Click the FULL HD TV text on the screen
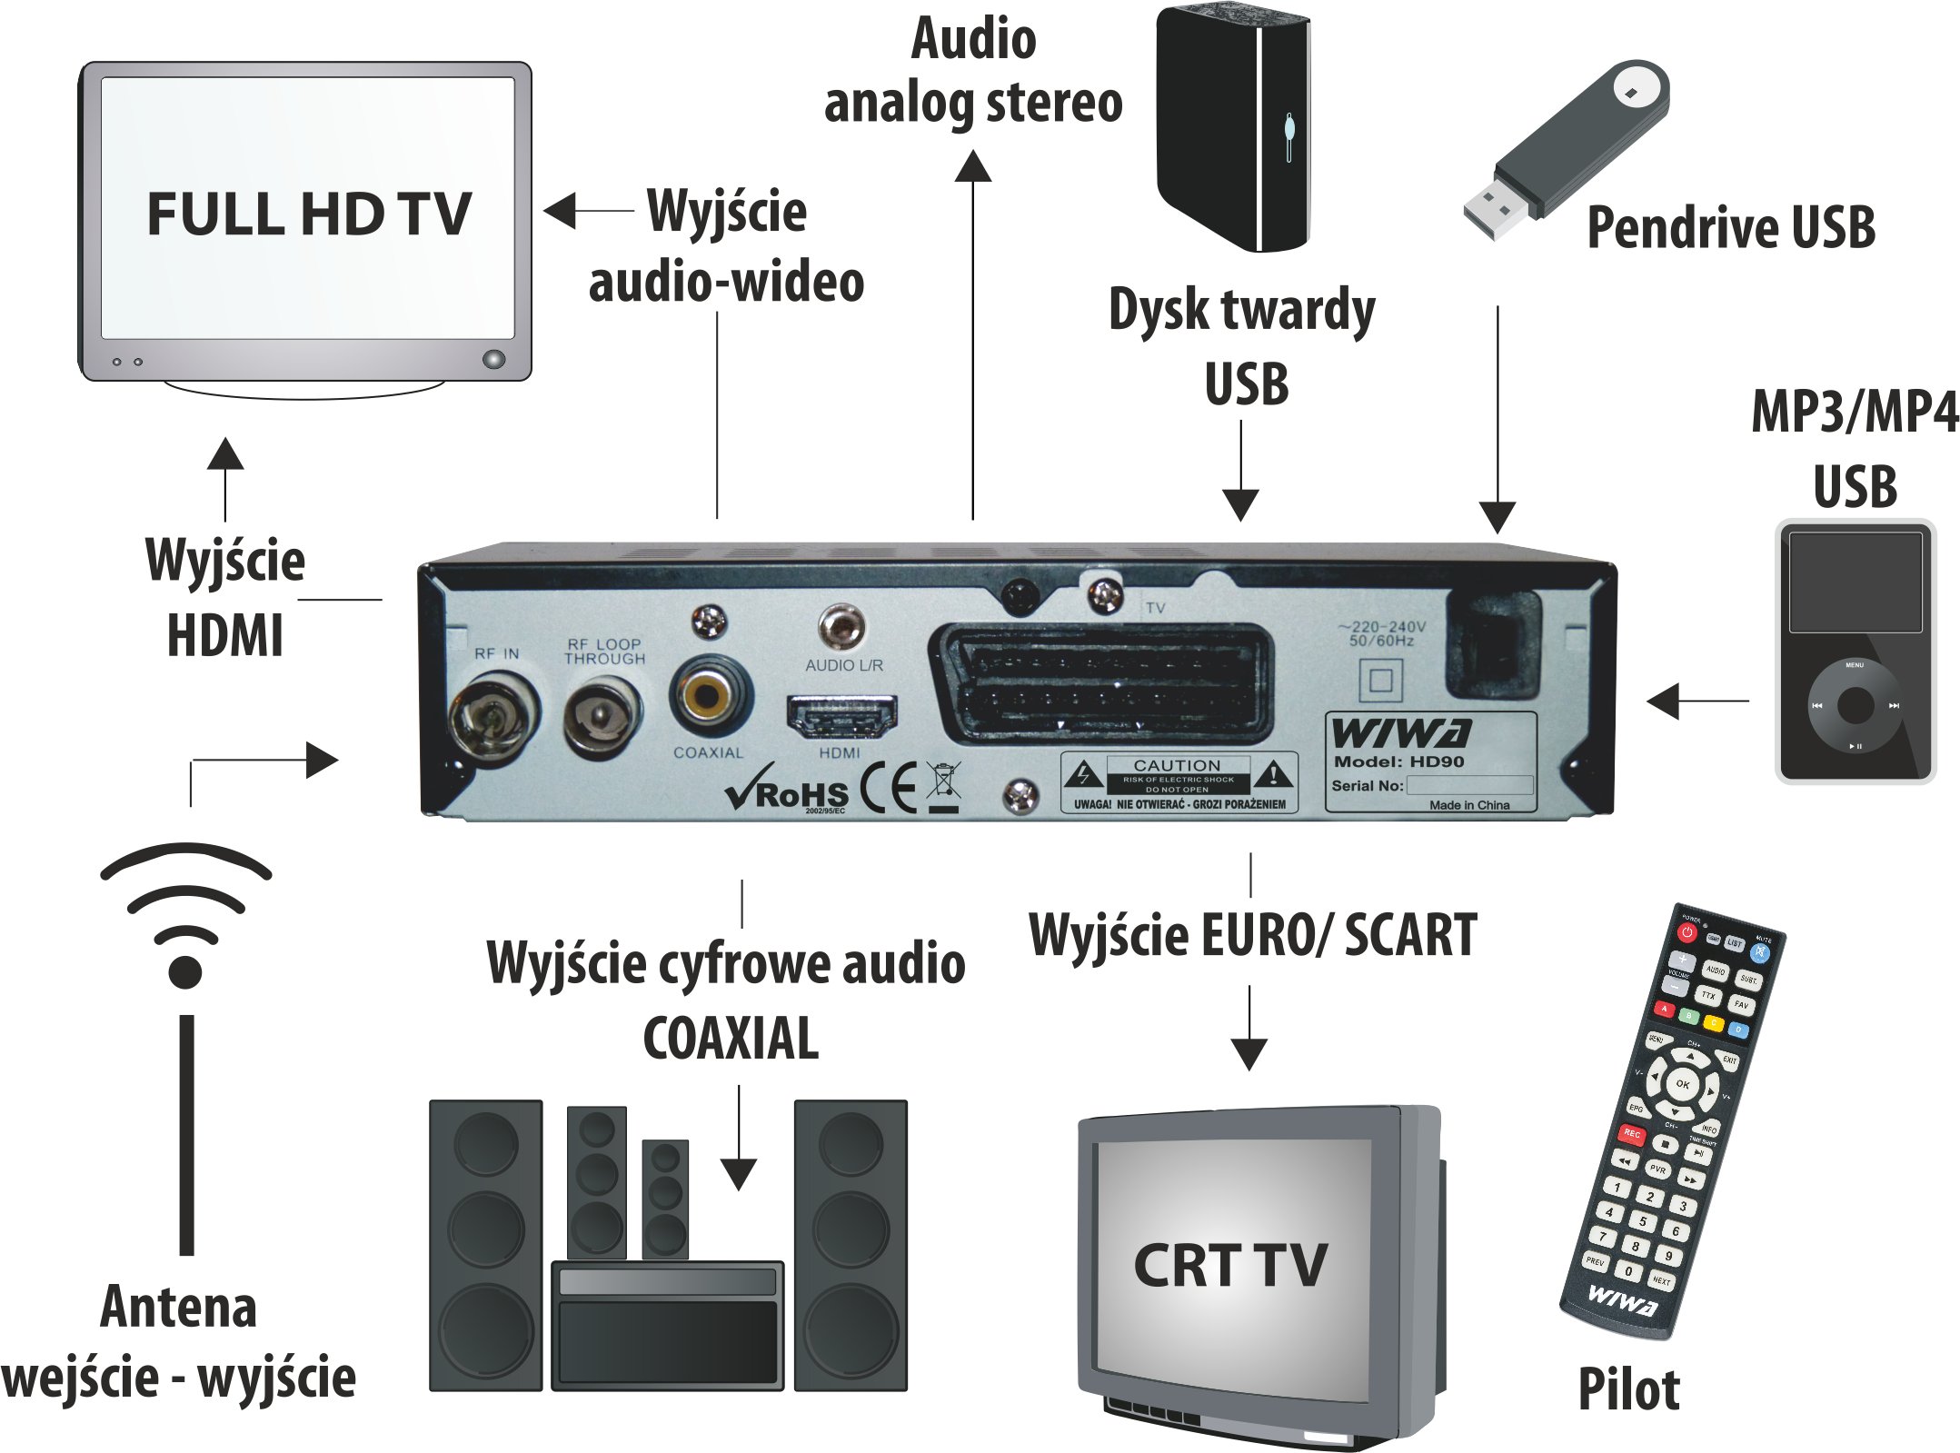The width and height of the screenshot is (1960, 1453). point(309,214)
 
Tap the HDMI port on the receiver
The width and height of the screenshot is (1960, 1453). point(841,717)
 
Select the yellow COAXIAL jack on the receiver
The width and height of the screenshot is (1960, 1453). point(708,698)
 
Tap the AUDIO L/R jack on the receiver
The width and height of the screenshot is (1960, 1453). point(841,626)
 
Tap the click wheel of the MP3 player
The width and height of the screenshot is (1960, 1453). point(1854,704)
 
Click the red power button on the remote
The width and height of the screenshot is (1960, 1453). point(1687,932)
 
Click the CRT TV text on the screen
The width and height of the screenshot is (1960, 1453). point(1230,1265)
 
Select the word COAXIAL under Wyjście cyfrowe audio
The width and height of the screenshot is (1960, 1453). point(731,1039)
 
